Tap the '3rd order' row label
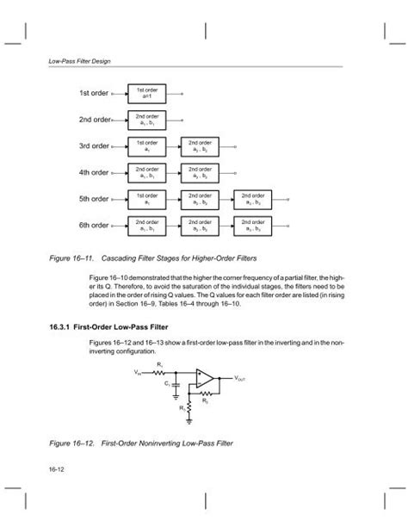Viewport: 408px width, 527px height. coord(94,146)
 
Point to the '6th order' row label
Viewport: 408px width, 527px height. coord(94,226)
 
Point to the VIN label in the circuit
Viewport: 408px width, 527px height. coord(138,373)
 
